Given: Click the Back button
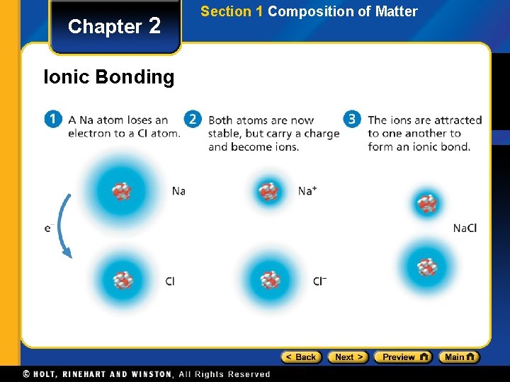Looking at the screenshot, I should (301, 357).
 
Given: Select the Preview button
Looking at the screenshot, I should (402, 357).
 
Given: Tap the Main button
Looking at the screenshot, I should (458, 357).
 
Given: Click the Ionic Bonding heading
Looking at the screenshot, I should (108, 77).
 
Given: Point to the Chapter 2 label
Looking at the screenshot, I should (115, 27).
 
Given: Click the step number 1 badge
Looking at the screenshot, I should (53, 120).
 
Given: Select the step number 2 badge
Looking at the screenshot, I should (193, 120).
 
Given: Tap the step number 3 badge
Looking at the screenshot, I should (352, 120).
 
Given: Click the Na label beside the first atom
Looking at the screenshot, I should (178, 191).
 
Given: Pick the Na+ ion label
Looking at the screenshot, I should (307, 191).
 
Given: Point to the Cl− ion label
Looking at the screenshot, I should (319, 282).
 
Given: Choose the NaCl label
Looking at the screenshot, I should (465, 228).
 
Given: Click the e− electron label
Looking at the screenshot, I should (49, 228).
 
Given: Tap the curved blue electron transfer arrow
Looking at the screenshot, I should (61, 226).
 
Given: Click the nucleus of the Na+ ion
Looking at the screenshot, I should (268, 191).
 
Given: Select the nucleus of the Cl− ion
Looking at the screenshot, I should (269, 280).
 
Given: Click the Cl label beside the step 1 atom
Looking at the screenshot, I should (170, 282).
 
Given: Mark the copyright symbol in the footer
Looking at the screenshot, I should (26, 374).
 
